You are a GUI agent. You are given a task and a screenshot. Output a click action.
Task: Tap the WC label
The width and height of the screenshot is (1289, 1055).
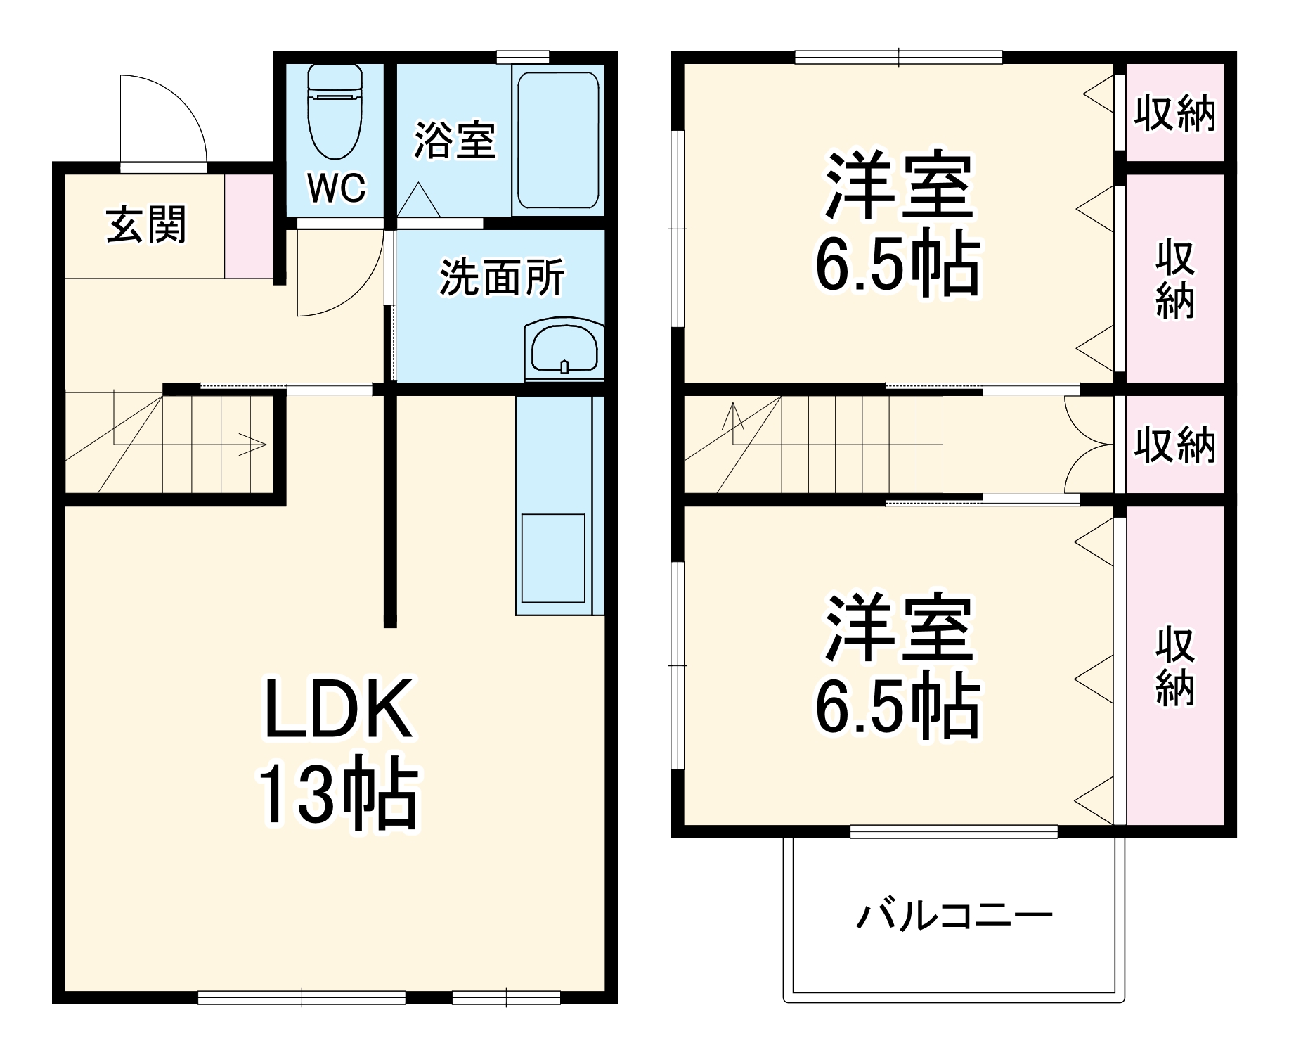pos(337,188)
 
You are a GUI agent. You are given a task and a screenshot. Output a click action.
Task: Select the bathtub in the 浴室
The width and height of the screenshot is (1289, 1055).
pos(558,140)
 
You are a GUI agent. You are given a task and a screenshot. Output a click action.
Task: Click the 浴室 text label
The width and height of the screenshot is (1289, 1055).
pos(455,140)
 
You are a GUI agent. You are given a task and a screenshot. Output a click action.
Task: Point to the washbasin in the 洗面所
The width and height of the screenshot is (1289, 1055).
pos(564,348)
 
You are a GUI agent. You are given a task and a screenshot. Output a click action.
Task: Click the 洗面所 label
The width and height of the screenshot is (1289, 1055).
pos(502,278)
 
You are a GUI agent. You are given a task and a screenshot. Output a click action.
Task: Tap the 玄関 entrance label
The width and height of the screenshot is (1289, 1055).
pos(146,224)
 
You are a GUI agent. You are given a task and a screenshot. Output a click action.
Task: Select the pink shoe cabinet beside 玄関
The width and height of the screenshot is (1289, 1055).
pos(248,225)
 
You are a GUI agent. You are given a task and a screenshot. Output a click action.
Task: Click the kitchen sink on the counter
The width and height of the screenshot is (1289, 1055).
pos(553,558)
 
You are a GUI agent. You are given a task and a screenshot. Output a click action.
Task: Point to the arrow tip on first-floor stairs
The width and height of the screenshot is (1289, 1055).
pos(263,444)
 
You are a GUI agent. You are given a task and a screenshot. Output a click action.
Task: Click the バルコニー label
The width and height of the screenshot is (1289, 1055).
pos(954,916)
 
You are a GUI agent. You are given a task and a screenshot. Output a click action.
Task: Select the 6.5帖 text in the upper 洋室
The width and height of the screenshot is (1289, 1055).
pos(897,267)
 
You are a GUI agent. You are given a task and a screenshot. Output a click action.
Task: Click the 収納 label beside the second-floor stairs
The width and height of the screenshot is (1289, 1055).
pos(1174,445)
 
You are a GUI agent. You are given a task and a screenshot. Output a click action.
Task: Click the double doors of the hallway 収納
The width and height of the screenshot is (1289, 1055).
pos(1089,445)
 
